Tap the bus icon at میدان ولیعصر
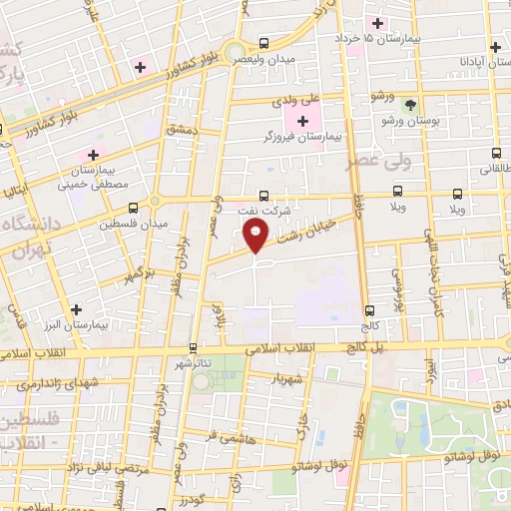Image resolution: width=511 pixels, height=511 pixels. pos(263,43)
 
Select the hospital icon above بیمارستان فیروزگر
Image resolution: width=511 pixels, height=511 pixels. pos(303,121)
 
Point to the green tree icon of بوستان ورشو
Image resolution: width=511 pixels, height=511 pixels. pos(408,105)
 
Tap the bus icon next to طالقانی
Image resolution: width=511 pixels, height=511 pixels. pos(496,154)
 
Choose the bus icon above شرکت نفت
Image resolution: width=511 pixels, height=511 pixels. pos(263,196)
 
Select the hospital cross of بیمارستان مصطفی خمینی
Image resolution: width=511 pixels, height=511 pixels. pos(93,155)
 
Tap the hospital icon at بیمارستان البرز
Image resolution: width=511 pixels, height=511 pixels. pos(76,309)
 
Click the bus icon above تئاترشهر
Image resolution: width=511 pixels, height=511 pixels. pos(193,349)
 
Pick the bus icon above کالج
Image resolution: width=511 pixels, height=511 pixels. pos(369,310)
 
